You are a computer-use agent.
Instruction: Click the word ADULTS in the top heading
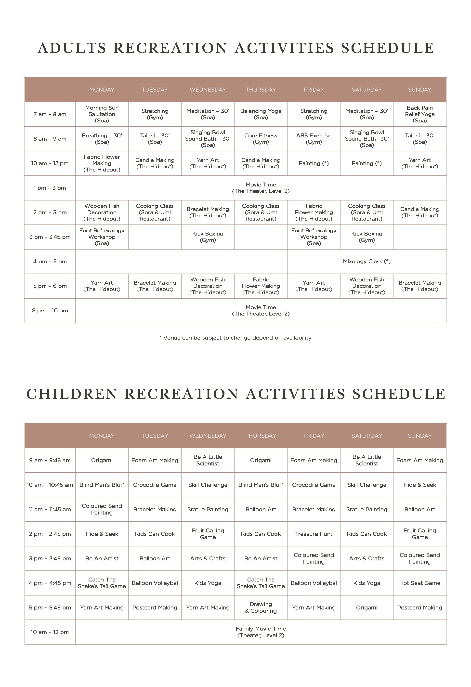point(72,48)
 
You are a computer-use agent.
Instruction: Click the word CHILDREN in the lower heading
point(72,394)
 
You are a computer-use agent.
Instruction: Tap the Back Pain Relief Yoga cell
point(419,114)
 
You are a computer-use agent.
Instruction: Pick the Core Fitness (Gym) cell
point(261,139)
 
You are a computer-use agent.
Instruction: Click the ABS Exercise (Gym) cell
point(314,139)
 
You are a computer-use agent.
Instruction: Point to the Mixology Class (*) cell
point(366,261)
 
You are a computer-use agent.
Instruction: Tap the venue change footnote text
point(235,338)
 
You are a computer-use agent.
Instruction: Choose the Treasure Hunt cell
point(314,534)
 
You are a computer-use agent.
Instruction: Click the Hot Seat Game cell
point(419,583)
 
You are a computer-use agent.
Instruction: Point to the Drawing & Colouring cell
point(261,608)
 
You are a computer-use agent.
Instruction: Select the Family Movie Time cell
point(261,632)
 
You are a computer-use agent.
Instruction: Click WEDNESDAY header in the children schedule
point(208,436)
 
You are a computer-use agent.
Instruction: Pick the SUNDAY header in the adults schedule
point(419,90)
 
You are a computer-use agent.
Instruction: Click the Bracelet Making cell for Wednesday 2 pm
point(208,212)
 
